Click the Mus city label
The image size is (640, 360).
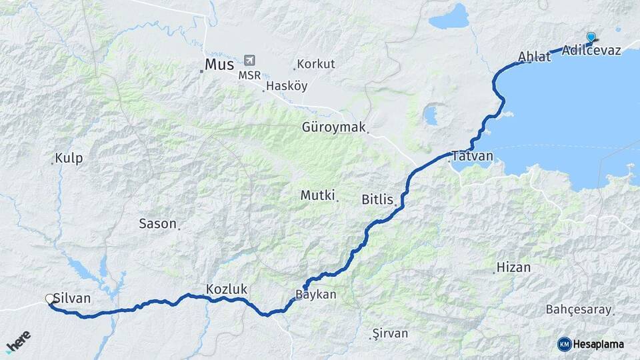[220, 65]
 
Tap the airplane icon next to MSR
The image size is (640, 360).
[250, 61]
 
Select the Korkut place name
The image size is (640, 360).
[316, 64]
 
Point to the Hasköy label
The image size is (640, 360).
[287, 86]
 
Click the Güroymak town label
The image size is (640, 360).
[333, 126]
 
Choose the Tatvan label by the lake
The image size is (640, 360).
[472, 156]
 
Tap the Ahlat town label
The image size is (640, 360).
[535, 57]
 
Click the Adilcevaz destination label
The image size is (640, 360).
[591, 50]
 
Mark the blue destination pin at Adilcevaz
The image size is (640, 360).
[591, 37]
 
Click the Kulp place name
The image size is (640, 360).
[69, 158]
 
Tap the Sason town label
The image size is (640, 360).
[157, 223]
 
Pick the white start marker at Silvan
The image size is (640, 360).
[50, 299]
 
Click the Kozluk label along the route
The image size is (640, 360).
[227, 289]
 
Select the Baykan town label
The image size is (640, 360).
[316, 294]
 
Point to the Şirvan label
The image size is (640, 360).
[390, 333]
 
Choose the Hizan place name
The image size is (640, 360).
[513, 268]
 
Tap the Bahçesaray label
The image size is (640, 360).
[579, 309]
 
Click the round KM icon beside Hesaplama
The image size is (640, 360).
[564, 344]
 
